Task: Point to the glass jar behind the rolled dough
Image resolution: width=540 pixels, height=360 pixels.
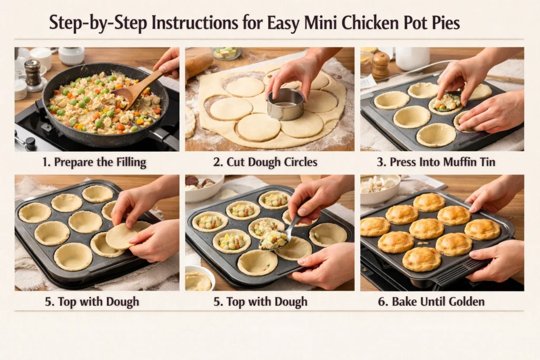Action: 226,53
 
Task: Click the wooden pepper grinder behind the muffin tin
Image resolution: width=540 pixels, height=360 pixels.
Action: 380,65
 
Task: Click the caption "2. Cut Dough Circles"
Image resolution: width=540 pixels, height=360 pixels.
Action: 269,162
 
